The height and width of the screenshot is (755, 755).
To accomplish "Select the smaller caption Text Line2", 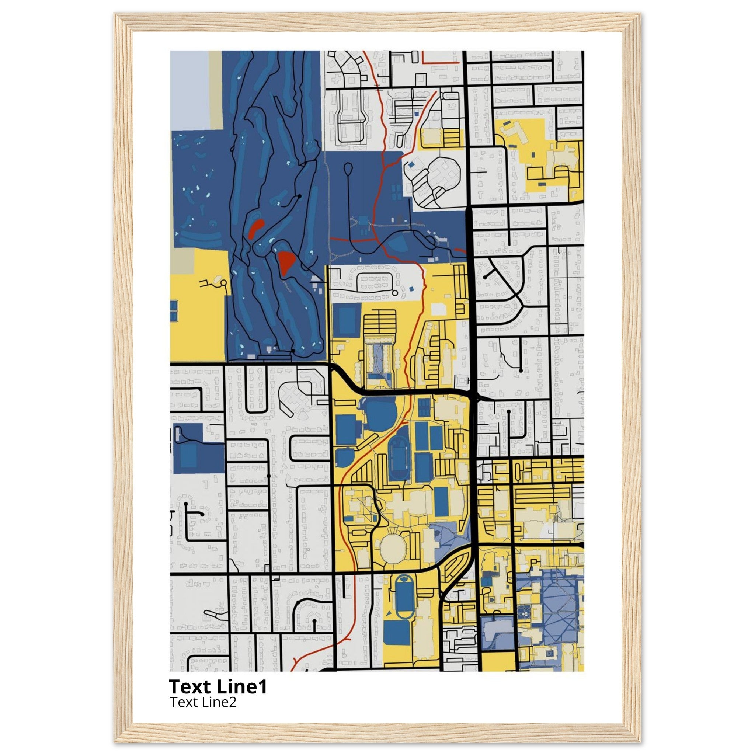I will coord(203,702).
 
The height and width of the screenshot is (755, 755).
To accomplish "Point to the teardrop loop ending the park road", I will coord(348,168).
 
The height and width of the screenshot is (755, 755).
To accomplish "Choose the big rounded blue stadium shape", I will coord(379,414).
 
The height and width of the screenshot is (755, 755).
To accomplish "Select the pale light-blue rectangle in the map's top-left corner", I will coord(189,89).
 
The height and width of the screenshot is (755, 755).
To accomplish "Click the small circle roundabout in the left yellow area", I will coord(224,282).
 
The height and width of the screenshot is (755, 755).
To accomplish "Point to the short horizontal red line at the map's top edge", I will coord(441,63).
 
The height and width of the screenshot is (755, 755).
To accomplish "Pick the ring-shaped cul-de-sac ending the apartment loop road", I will coord(395,293).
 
